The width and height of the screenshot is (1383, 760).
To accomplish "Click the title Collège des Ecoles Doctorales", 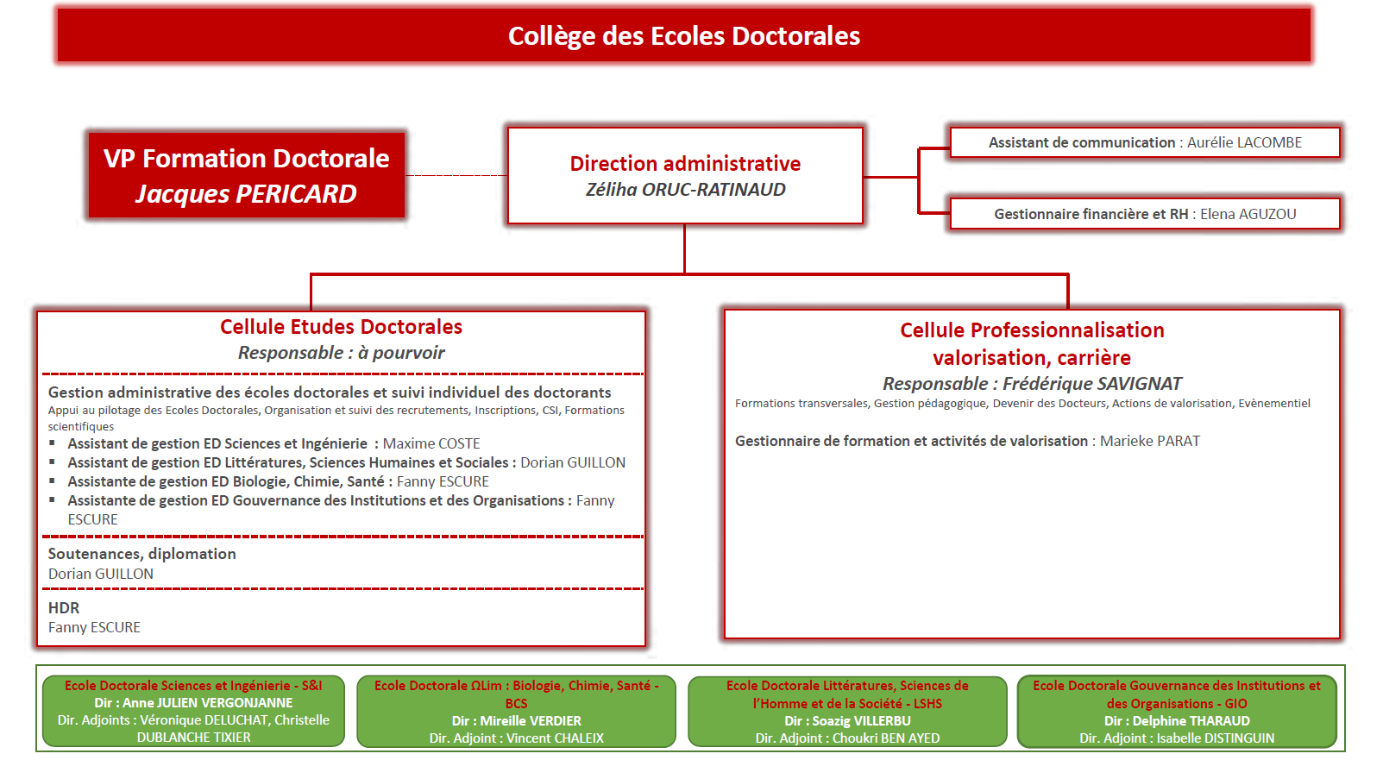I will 683,36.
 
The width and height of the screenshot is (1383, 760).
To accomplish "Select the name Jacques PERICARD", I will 246,194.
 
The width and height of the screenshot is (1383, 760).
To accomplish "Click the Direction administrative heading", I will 685,164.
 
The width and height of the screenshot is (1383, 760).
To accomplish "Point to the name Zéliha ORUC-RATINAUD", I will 685,190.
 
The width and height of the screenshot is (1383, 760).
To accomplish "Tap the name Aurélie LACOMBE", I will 1244,143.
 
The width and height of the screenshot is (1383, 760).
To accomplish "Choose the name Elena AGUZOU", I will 1248,214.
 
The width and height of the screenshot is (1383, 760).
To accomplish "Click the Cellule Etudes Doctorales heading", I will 341,327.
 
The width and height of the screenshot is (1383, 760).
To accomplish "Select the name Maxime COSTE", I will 431,443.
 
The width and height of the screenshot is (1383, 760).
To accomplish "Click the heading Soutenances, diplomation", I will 141,554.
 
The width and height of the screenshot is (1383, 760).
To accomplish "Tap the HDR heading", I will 64,608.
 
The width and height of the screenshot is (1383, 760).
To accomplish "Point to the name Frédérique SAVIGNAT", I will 1092,384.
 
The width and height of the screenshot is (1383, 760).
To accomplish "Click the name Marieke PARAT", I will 1149,441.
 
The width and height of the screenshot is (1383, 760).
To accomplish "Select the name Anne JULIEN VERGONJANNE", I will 207,703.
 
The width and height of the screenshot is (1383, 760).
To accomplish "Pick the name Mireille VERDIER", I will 531,721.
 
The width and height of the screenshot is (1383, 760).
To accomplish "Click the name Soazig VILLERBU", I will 861,721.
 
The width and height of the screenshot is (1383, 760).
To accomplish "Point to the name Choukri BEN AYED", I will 886,738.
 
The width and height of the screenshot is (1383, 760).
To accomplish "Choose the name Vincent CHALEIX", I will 555,738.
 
